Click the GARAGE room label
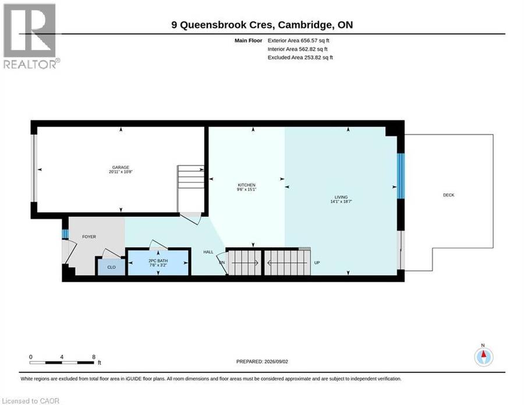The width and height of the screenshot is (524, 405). pyautogui.click(x=121, y=167)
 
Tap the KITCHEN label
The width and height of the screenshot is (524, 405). pyautogui.click(x=247, y=185)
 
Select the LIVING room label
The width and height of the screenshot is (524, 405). pyautogui.click(x=341, y=198)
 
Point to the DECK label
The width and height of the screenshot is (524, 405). pyautogui.click(x=448, y=195)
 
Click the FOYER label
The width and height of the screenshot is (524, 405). pyautogui.click(x=89, y=237)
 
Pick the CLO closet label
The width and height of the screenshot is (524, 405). pyautogui.click(x=111, y=267)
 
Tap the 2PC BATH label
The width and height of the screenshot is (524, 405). pyautogui.click(x=158, y=261)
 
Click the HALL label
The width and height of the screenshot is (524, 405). pyautogui.click(x=208, y=252)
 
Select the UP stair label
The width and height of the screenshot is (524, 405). pyautogui.click(x=317, y=263)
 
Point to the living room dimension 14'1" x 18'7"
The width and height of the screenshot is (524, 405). pyautogui.click(x=341, y=202)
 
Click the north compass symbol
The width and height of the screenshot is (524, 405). pyautogui.click(x=483, y=357)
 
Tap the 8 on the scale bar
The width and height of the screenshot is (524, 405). pyautogui.click(x=94, y=357)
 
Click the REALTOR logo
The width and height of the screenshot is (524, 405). pyautogui.click(x=31, y=36)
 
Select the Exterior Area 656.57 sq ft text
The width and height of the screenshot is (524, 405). pyautogui.click(x=299, y=40)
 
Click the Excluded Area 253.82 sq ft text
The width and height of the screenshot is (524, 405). pyautogui.click(x=300, y=57)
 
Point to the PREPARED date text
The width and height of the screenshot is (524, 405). pyautogui.click(x=262, y=361)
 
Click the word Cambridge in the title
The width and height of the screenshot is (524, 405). pyautogui.click(x=305, y=24)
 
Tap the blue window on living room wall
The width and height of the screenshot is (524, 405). pyautogui.click(x=401, y=176)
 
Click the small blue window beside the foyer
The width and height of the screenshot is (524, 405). pyautogui.click(x=65, y=234)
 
